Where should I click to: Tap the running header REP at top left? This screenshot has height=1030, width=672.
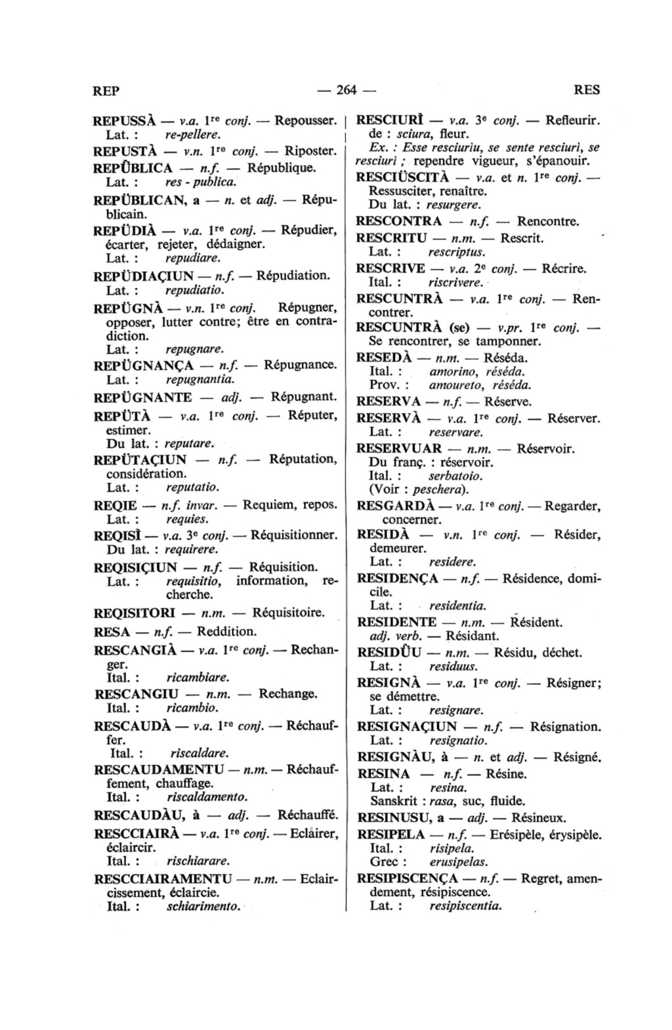tap(106, 91)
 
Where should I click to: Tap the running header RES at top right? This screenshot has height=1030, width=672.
tap(585, 91)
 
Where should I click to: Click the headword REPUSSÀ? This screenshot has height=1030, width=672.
tap(125, 121)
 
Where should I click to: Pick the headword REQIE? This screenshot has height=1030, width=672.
tap(115, 506)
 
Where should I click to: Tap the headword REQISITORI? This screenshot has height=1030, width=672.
tap(135, 613)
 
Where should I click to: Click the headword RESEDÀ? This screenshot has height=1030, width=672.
tap(383, 358)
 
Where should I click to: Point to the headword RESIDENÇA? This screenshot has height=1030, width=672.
tap(397, 578)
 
